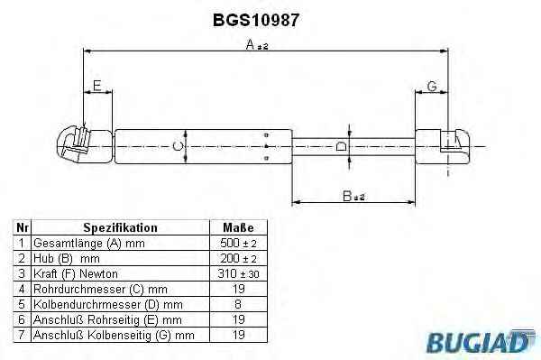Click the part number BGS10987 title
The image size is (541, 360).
click(x=256, y=20)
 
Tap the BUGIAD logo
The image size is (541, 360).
click(x=481, y=341)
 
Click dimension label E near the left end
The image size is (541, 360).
click(x=97, y=85)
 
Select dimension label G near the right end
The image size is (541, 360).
click(x=432, y=86)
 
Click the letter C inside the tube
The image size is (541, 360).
click(x=178, y=146)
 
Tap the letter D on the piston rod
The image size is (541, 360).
click(x=342, y=146)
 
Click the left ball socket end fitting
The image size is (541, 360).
click(x=84, y=145)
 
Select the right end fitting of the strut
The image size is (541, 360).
click(x=443, y=146)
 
